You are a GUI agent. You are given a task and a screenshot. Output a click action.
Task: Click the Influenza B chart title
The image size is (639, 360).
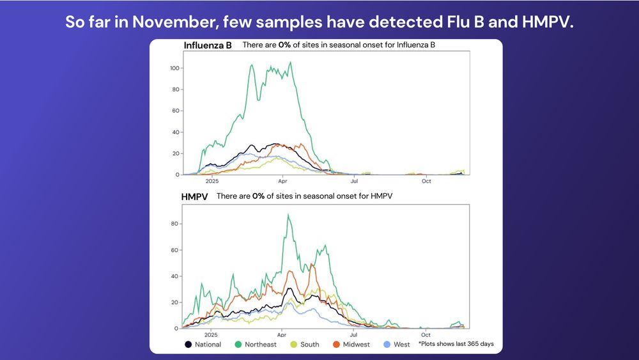[x=208, y=45]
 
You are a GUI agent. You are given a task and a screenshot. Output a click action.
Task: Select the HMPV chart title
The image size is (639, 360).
[x=196, y=196]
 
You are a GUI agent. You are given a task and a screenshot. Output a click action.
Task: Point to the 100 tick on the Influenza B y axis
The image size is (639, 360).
[x=173, y=68]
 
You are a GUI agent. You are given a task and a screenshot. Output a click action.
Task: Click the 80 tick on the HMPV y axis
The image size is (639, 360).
[x=174, y=224]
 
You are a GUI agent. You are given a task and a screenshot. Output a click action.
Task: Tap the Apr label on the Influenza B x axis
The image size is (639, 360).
[x=282, y=181]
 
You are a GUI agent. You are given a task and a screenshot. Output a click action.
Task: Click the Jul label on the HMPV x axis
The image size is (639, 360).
[x=353, y=334]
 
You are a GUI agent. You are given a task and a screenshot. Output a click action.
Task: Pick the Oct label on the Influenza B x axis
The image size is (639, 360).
[x=426, y=181]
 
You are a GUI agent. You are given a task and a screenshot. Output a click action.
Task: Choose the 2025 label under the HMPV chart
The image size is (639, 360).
[x=210, y=334]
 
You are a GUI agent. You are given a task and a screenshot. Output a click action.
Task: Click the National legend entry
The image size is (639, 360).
[x=203, y=345]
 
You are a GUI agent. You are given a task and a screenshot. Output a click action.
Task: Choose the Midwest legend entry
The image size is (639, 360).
[x=351, y=345]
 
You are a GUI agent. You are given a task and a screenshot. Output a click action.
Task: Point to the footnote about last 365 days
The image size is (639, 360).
[x=456, y=344]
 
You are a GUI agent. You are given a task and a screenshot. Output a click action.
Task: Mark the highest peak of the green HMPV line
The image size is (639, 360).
[x=288, y=215]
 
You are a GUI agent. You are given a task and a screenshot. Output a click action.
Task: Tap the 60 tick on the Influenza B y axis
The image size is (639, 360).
[x=174, y=111]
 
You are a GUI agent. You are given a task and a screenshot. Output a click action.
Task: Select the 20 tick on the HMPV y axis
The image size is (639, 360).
[x=174, y=302]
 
